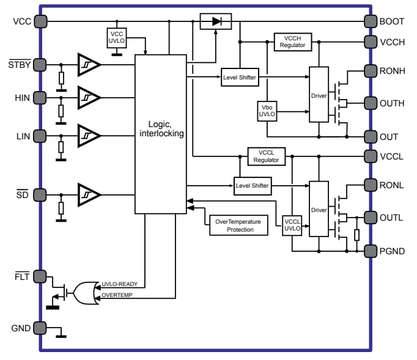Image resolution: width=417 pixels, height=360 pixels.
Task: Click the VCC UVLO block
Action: coord(116,37)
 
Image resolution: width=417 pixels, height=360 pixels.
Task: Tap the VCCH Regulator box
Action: coord(292,42)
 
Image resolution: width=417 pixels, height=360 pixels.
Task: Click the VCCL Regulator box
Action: coord(266,156)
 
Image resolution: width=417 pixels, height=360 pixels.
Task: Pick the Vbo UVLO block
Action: coord(267,112)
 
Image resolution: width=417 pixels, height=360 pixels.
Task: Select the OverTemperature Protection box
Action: coord(239,226)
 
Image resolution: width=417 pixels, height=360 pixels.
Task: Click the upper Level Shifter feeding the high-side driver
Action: coord(240,77)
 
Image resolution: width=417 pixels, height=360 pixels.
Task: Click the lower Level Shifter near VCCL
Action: coord(253,185)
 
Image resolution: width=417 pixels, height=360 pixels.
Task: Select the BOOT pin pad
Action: coord(370,21)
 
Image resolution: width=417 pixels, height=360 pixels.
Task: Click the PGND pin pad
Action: coord(370,251)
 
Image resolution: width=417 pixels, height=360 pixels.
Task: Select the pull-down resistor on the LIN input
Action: coord(61,149)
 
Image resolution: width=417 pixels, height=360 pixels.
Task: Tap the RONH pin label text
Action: coord(391,70)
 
